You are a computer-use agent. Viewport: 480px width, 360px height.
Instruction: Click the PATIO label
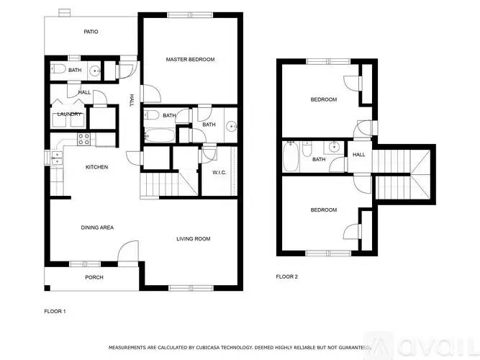91,32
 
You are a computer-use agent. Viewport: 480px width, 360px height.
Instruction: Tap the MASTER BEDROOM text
190,59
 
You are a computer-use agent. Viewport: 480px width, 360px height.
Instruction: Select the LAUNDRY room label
69,114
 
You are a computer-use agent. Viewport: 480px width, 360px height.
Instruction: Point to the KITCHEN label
97,167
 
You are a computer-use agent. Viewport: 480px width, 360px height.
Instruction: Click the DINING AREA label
96,228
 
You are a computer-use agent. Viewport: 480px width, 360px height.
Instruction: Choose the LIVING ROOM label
194,238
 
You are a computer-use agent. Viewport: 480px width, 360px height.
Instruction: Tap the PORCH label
94,277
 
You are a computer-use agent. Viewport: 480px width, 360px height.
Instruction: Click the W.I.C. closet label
219,172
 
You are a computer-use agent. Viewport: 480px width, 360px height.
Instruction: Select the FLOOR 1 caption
55,311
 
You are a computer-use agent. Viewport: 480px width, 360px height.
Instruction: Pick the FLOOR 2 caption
286,276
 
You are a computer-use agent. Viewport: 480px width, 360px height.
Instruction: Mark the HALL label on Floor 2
358,154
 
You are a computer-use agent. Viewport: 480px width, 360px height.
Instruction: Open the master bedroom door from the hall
150,94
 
